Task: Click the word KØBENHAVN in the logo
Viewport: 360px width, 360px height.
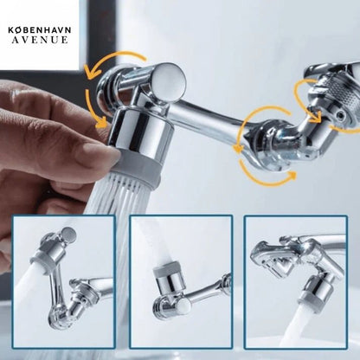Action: pyautogui.click(x=40, y=30)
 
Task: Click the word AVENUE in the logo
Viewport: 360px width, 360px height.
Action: pyautogui.click(x=40, y=40)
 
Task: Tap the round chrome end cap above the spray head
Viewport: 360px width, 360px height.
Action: pyautogui.click(x=168, y=80)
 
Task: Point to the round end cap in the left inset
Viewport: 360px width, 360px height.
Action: pyautogui.click(x=68, y=234)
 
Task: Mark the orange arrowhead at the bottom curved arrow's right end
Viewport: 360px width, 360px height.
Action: pyautogui.click(x=292, y=175)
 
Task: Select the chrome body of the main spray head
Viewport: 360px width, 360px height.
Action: pyautogui.click(x=141, y=132)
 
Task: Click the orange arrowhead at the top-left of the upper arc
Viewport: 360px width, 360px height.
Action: pyautogui.click(x=90, y=72)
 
